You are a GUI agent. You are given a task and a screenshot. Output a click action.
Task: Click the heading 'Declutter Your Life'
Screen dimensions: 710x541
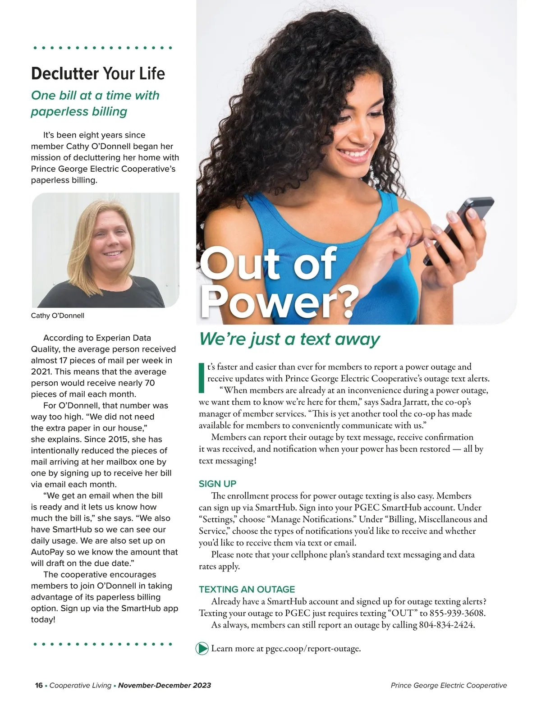pos(98,73)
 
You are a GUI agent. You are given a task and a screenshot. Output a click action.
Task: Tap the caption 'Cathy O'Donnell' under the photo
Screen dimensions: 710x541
pos(57,316)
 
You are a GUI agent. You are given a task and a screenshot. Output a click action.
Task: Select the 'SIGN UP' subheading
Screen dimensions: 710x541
pos(217,484)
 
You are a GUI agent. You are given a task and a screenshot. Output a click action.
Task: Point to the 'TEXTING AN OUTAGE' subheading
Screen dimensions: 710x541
pos(247,589)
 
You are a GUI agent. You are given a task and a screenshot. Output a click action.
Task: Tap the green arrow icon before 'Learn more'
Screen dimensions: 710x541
pos(202,649)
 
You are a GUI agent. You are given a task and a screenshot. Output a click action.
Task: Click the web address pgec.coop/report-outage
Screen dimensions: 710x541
pos(313,649)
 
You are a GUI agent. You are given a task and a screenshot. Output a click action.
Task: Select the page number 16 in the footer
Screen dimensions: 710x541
pos(39,685)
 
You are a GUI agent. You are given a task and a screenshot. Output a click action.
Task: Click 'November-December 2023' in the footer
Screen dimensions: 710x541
pos(165,685)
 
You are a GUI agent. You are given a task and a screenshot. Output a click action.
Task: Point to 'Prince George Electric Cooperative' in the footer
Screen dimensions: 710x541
pos(449,685)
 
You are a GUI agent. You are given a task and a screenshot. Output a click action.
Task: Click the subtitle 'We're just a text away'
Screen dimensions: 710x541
pos(289,339)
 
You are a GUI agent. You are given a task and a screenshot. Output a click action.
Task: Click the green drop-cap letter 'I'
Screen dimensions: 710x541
pos(202,377)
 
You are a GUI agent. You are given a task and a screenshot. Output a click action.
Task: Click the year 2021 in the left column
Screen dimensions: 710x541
pos(40,372)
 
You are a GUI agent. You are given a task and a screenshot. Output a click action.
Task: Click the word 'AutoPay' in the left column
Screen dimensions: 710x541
pos(48,552)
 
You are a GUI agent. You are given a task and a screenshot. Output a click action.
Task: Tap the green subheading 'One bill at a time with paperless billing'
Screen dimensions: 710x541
pos(95,103)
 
